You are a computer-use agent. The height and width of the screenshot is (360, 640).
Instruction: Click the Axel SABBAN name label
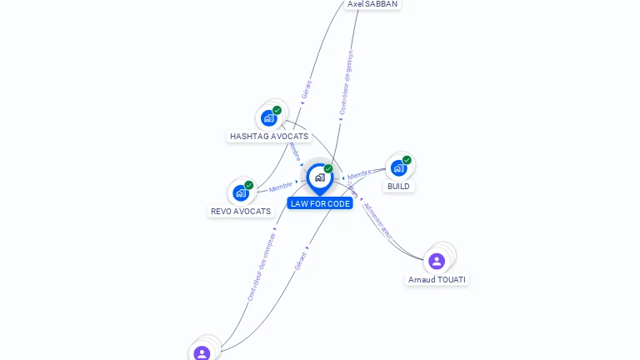[372, 4]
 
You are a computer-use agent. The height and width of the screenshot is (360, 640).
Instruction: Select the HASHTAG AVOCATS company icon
[268, 118]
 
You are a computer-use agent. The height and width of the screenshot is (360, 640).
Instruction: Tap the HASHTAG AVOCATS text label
[269, 136]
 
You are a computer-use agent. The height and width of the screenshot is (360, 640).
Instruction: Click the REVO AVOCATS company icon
[241, 193]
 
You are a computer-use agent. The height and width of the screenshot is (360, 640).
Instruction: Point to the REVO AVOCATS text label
[241, 211]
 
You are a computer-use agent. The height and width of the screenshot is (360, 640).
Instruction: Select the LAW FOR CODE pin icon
[319, 177]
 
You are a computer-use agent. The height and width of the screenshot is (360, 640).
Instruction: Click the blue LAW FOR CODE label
[320, 203]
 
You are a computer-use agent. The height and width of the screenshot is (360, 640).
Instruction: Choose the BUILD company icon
[398, 168]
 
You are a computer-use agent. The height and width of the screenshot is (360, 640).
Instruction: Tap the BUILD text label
[398, 186]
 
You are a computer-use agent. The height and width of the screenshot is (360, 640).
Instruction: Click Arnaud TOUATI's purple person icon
[437, 261]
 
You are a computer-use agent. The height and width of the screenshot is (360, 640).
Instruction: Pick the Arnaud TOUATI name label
[437, 279]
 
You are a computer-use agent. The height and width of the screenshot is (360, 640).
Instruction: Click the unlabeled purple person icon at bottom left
[202, 352]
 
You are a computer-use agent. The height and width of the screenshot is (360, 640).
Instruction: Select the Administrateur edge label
[377, 219]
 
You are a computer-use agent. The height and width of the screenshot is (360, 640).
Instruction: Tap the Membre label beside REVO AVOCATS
[281, 187]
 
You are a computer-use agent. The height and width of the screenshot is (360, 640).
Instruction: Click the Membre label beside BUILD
[359, 174]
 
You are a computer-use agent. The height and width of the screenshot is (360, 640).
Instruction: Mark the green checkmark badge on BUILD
[407, 160]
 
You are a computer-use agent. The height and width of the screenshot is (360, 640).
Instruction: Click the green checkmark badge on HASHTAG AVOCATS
[277, 110]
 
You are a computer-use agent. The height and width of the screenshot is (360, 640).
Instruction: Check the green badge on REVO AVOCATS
[248, 185]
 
